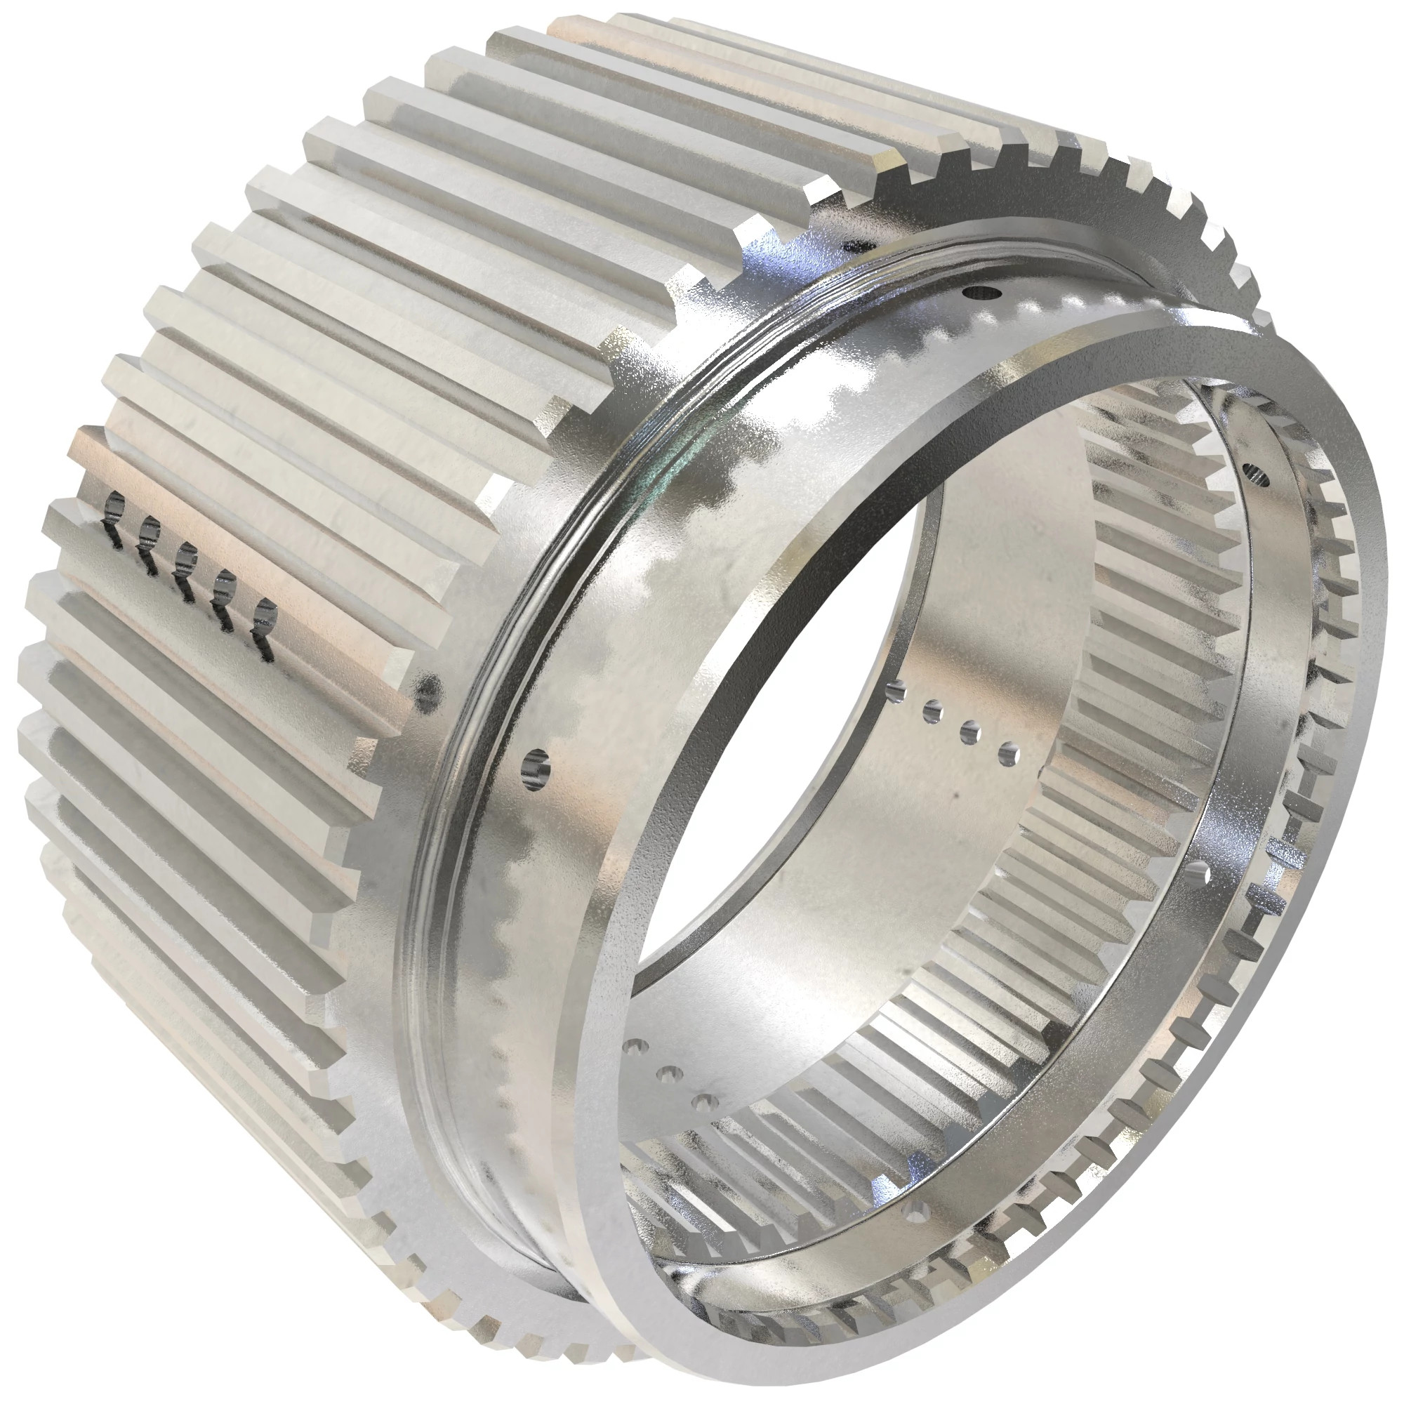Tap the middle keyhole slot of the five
[187, 563]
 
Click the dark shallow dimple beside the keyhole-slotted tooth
[428, 690]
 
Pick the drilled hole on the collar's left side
[538, 767]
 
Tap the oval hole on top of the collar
[984, 293]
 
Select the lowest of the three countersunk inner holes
[702, 1104]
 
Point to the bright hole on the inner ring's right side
[1202, 870]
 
